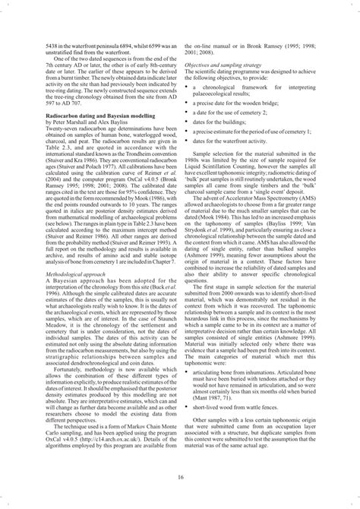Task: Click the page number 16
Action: coord(180,476)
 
